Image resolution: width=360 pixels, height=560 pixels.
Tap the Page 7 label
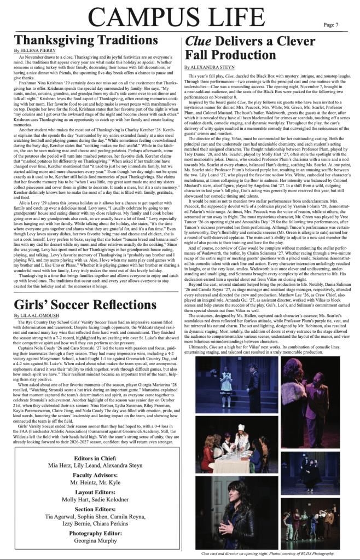point(330,25)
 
